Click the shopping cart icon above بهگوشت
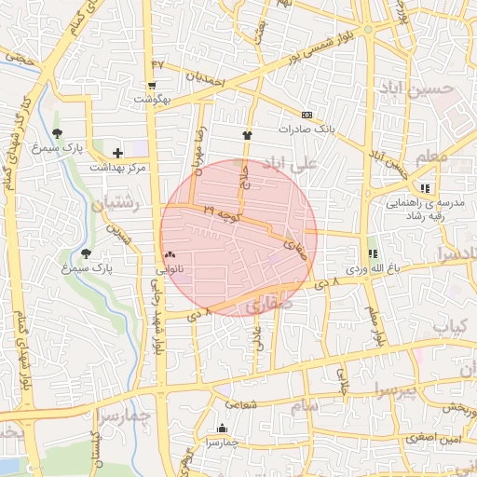152,85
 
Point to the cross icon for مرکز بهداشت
117,153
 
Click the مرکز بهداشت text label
119,167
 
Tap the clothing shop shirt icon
247,135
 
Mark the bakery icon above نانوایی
169,253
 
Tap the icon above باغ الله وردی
373,253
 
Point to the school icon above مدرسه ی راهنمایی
425,188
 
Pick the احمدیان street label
207,79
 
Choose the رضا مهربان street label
198,154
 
